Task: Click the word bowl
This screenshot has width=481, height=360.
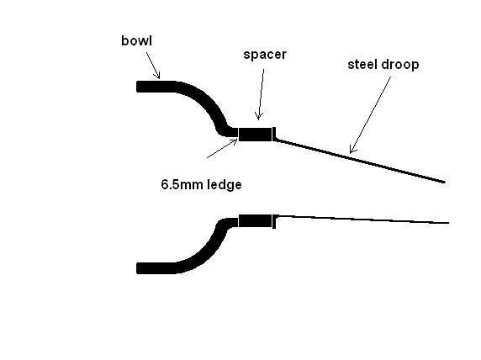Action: coord(136,41)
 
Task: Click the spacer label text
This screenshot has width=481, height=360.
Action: coord(265,55)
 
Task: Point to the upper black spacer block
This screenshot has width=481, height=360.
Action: coord(256,134)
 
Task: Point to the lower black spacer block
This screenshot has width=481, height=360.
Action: coord(256,221)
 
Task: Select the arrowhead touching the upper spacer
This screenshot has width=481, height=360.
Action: coord(259,117)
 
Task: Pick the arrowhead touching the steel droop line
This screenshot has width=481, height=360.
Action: coord(351,150)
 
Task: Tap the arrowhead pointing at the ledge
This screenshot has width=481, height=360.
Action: coord(235,140)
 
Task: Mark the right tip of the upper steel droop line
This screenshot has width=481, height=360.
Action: coord(445,183)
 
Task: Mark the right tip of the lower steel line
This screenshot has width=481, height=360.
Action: coord(449,223)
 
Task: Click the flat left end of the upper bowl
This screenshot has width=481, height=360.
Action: coord(136,87)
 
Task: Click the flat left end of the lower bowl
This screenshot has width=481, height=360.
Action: coord(136,268)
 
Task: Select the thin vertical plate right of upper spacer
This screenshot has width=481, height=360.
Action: coord(274,134)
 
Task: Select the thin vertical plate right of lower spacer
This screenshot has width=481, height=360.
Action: coord(274,221)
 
